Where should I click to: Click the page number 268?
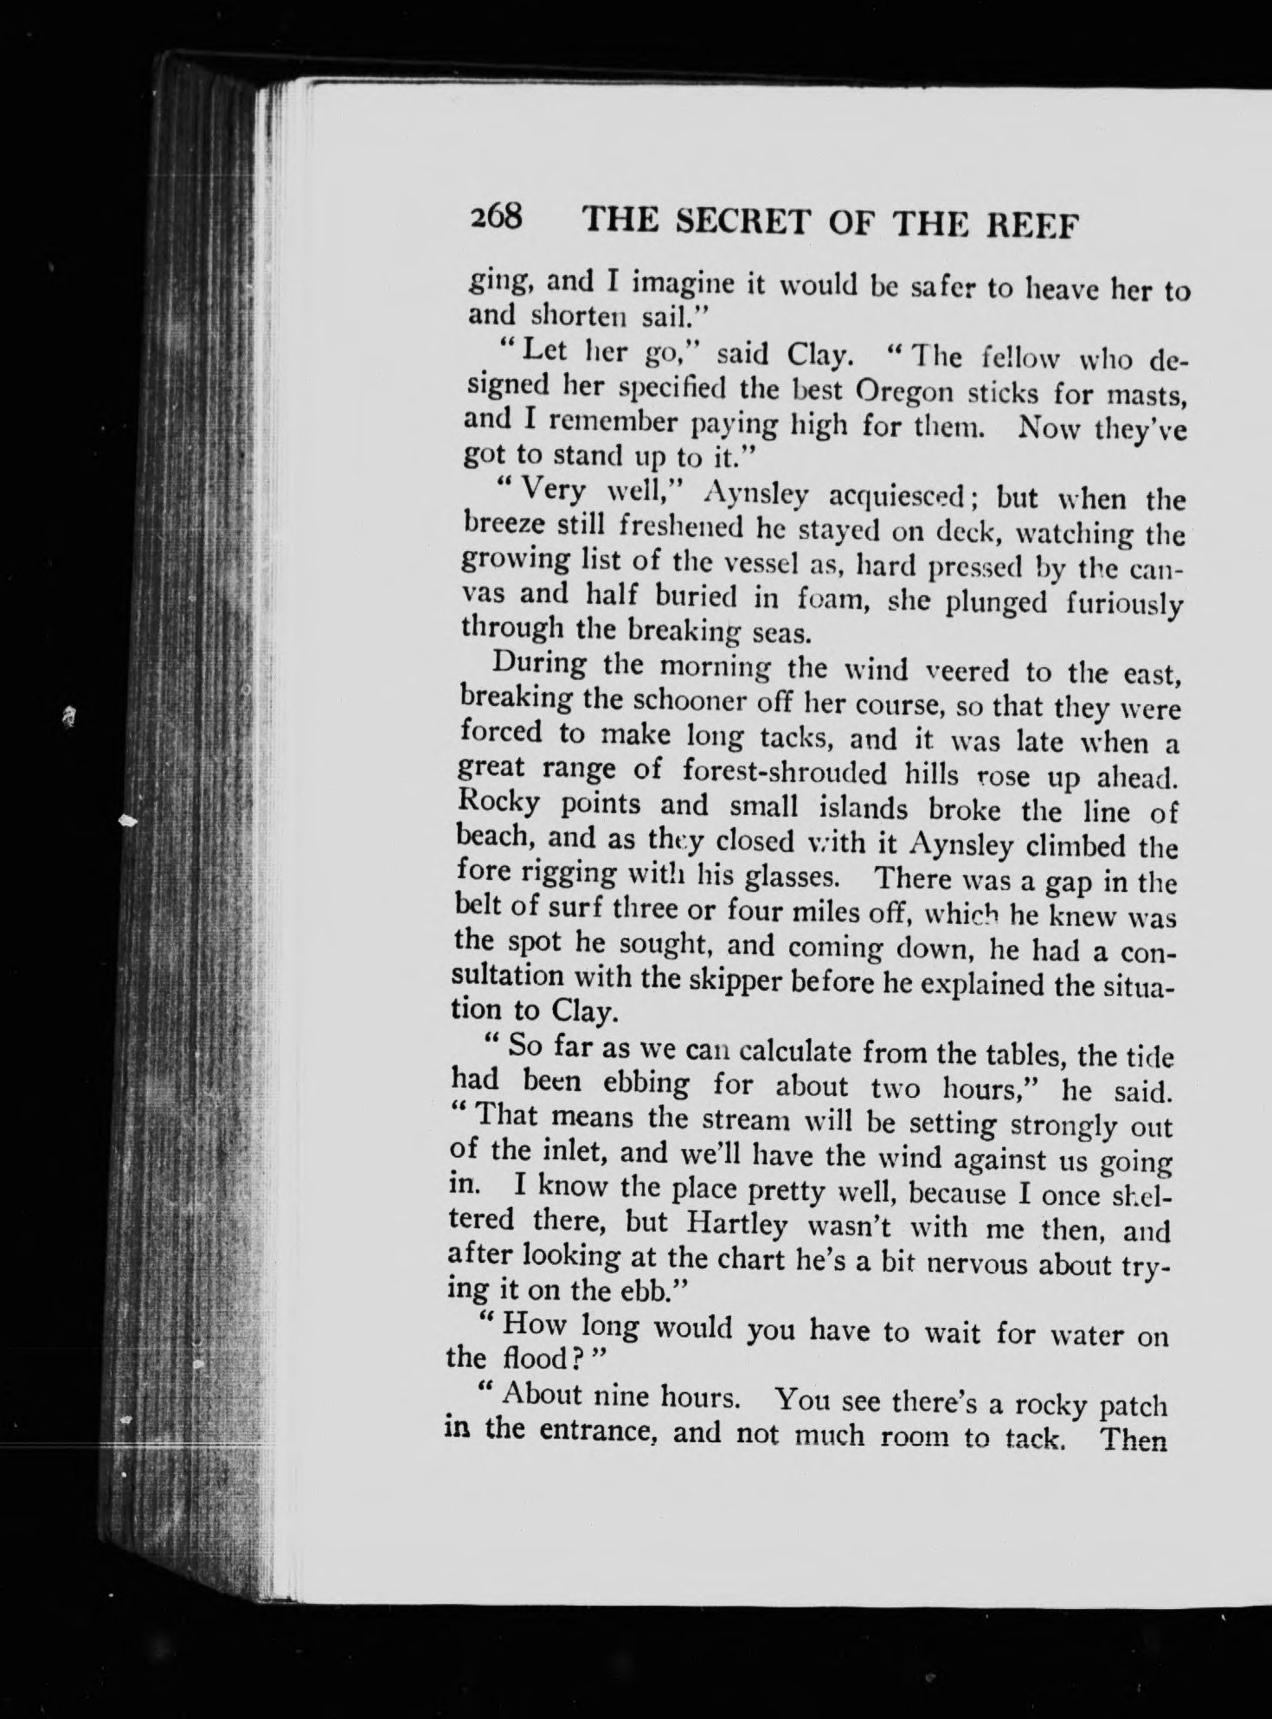click(497, 216)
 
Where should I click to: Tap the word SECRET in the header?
click(742, 221)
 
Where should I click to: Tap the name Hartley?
click(736, 1225)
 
